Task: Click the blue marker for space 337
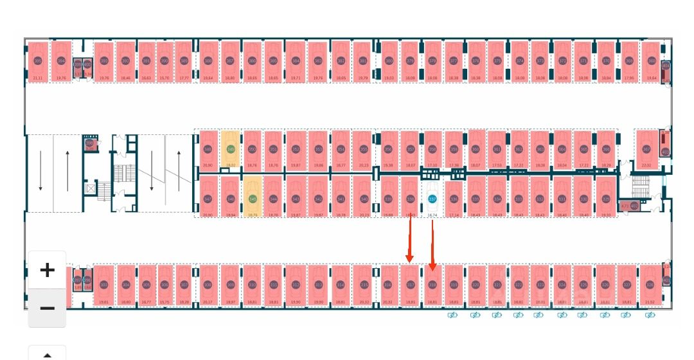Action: coord(432,199)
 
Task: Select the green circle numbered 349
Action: coord(231,149)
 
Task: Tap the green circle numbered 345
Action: coord(253,199)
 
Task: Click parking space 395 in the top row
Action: coord(37,61)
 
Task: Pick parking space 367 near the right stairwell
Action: coord(646,149)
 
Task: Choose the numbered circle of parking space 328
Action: coord(650,285)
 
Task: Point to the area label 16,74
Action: coord(432,215)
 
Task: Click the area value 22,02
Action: coord(646,165)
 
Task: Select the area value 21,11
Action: coord(37,78)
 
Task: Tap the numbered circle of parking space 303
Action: coord(104,285)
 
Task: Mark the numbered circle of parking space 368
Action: coord(652,61)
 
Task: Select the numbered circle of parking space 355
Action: coord(363,149)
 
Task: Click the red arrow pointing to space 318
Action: coord(432,244)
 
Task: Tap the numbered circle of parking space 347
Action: coord(208,199)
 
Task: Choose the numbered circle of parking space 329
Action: coord(606,199)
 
